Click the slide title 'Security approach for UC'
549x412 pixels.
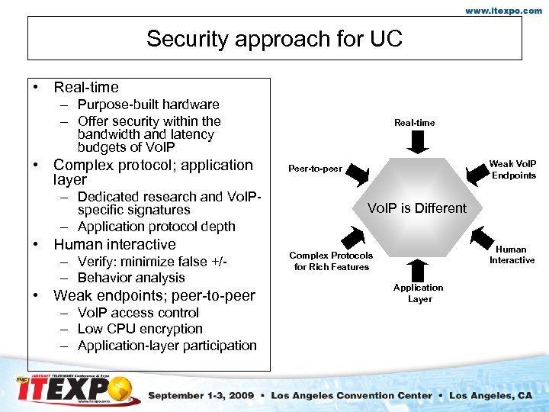[x=274, y=38]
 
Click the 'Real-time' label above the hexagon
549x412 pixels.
[x=415, y=122]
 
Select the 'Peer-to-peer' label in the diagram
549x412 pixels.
[x=315, y=168]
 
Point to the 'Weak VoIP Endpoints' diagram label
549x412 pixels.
[x=512, y=169]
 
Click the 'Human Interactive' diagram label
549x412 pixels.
[x=512, y=255]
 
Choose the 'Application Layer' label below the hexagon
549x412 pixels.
[x=419, y=293]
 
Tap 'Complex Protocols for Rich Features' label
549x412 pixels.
[x=331, y=261]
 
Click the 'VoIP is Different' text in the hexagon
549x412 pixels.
[x=417, y=208]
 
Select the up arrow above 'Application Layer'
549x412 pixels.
[x=418, y=269]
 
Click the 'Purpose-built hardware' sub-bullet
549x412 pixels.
[x=148, y=105]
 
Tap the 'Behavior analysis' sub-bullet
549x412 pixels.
[x=131, y=278]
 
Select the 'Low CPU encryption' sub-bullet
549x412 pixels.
[x=140, y=329]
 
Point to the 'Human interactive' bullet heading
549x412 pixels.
[x=114, y=244]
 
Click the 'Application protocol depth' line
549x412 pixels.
[x=156, y=227]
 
